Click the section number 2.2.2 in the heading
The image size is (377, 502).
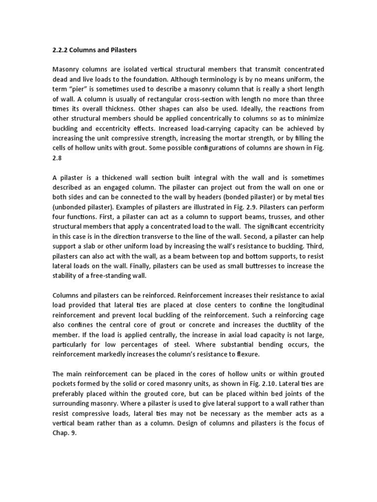(60, 50)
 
